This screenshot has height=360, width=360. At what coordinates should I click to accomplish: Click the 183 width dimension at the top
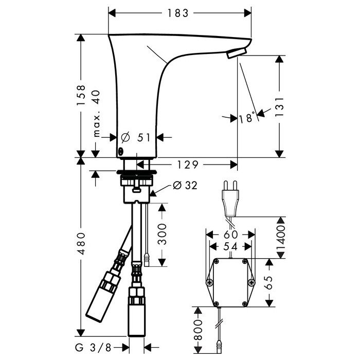point(178,13)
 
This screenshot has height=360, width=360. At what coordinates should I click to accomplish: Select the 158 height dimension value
point(81,95)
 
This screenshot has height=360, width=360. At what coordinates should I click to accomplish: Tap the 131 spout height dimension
point(279,107)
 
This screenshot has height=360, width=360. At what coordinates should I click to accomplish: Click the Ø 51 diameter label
point(136,137)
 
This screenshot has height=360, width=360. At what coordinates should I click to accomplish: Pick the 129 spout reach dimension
point(187,165)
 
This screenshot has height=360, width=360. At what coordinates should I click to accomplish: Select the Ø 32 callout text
point(185,185)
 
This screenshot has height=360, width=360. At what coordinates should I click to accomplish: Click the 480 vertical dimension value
point(81,244)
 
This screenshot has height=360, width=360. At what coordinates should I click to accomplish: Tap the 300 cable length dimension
point(162,234)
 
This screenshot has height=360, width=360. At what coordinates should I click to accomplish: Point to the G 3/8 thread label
point(93,348)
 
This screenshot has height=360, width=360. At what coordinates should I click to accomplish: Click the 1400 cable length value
point(281,238)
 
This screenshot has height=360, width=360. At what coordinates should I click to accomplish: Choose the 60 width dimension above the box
point(231,235)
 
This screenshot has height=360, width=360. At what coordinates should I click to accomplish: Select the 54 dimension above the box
point(230,247)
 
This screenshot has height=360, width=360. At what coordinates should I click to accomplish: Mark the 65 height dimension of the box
point(269,282)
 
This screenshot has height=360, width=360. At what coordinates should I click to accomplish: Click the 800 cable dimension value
point(198,330)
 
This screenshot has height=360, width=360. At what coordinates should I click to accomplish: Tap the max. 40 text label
point(97,114)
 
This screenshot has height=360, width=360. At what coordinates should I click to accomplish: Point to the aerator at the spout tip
point(237,53)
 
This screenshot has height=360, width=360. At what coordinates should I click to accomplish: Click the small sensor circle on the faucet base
point(120,151)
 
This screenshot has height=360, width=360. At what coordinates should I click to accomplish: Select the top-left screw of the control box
point(217,261)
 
